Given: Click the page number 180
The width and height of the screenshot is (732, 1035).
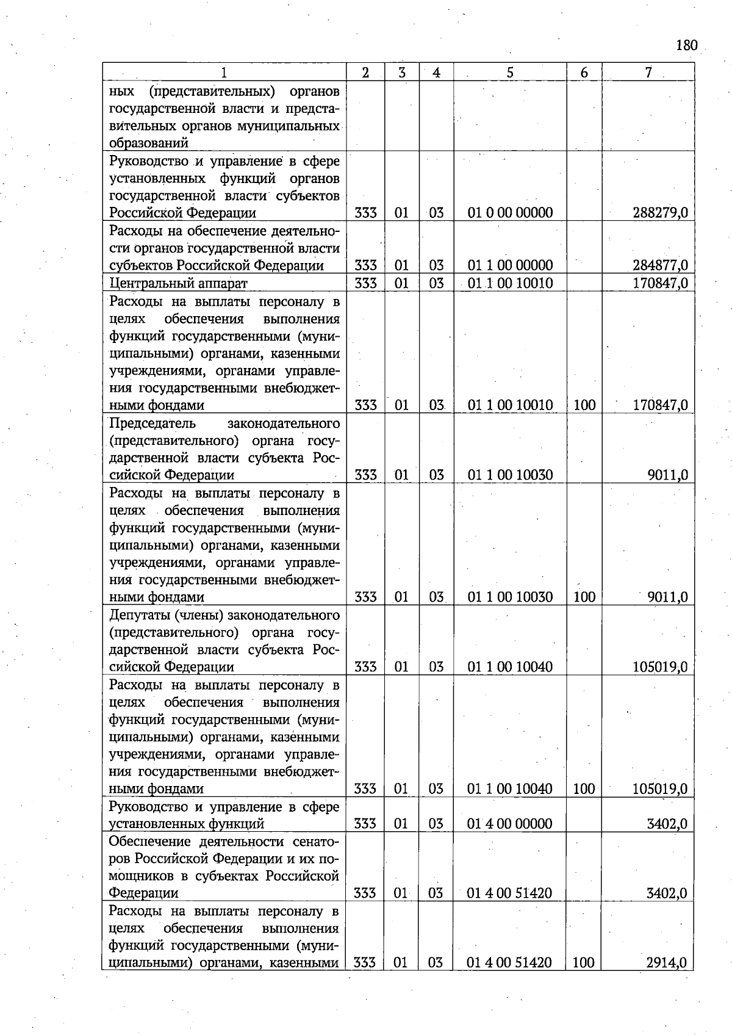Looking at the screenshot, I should [x=686, y=45].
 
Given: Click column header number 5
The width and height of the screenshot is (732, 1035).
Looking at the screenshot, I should [x=509, y=73].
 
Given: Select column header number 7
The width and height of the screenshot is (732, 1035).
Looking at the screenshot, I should [x=648, y=72].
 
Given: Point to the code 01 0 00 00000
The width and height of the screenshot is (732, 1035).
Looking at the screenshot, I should [x=510, y=213].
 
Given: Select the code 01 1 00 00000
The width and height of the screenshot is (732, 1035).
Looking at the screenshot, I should [x=510, y=265].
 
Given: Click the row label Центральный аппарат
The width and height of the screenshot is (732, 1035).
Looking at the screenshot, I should [x=179, y=283].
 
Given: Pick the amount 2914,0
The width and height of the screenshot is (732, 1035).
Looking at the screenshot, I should [x=667, y=963].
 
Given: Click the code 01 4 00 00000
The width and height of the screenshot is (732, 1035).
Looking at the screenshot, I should [x=509, y=824].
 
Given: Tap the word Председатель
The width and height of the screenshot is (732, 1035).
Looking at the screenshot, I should [x=152, y=423].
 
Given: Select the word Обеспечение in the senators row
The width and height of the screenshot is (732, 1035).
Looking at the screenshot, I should [x=150, y=842].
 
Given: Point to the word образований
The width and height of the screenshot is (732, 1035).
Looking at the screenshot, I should [x=149, y=143].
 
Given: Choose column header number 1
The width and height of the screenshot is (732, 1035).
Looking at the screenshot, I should [x=224, y=73].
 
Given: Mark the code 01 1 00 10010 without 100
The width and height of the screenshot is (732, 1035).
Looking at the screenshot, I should [x=510, y=283].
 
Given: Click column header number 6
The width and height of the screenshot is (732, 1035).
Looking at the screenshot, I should [x=584, y=73].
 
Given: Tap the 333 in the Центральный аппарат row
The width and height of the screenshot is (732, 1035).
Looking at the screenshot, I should [x=365, y=283].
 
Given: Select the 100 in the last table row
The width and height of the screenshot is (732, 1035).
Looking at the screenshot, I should [x=584, y=963].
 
